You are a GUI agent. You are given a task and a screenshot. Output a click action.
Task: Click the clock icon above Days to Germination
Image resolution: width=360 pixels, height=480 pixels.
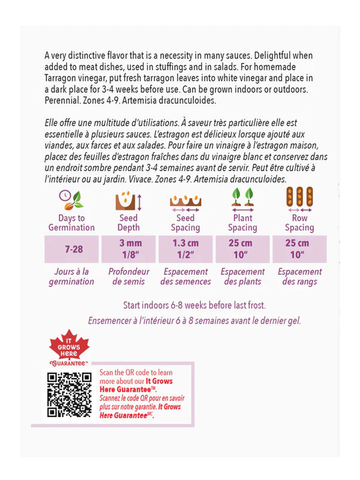click(x=71, y=199)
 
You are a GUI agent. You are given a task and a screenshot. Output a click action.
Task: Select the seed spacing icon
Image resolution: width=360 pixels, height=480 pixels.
click(x=185, y=200)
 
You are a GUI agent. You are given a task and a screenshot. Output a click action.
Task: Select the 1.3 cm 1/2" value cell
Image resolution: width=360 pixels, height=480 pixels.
click(x=185, y=248)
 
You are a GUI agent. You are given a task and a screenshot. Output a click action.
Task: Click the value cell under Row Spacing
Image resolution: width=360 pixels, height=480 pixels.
click(x=299, y=248)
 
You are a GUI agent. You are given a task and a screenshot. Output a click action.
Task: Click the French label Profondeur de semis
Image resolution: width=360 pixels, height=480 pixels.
click(x=128, y=276)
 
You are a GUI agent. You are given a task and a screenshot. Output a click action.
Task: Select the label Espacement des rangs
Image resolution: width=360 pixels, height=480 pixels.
click(x=299, y=276)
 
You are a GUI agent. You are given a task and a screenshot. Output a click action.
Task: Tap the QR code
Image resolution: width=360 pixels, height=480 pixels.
click(x=69, y=395)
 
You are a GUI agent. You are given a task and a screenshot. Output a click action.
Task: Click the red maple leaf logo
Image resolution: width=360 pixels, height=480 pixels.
click(x=68, y=350)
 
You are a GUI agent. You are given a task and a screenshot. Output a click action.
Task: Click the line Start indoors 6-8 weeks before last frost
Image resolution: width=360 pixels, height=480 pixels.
click(x=194, y=305)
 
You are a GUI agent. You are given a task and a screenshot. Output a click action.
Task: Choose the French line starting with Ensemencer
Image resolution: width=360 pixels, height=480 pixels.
click(x=194, y=320)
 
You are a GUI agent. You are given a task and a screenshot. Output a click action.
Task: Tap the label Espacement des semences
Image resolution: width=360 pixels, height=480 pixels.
click(x=185, y=276)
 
